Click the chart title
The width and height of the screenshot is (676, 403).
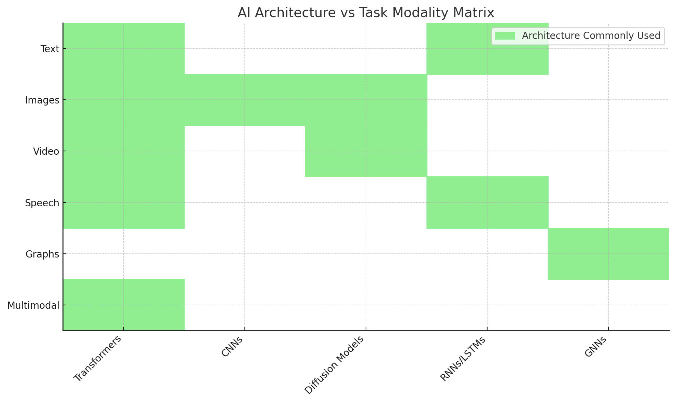(366, 13)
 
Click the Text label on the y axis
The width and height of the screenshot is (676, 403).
(50, 49)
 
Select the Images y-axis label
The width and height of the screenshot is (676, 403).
(42, 100)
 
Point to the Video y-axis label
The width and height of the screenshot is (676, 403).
(46, 151)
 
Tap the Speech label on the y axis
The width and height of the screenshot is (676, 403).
(42, 203)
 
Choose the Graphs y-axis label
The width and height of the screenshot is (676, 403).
(42, 254)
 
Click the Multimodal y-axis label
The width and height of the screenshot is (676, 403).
(33, 305)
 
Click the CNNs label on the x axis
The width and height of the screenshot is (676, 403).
(233, 347)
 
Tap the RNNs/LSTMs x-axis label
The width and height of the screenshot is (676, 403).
(463, 359)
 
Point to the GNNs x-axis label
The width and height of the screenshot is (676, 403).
(596, 347)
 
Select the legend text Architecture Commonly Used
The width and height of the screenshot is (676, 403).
(591, 36)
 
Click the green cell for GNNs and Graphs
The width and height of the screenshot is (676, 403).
(608, 254)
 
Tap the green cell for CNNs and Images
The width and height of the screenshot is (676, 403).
(244, 100)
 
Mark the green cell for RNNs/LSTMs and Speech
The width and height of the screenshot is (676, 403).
(487, 203)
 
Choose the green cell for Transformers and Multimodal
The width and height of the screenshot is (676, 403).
(124, 305)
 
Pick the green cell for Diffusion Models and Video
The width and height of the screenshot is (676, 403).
(366, 151)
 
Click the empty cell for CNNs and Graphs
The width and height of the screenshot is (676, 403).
(244, 254)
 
